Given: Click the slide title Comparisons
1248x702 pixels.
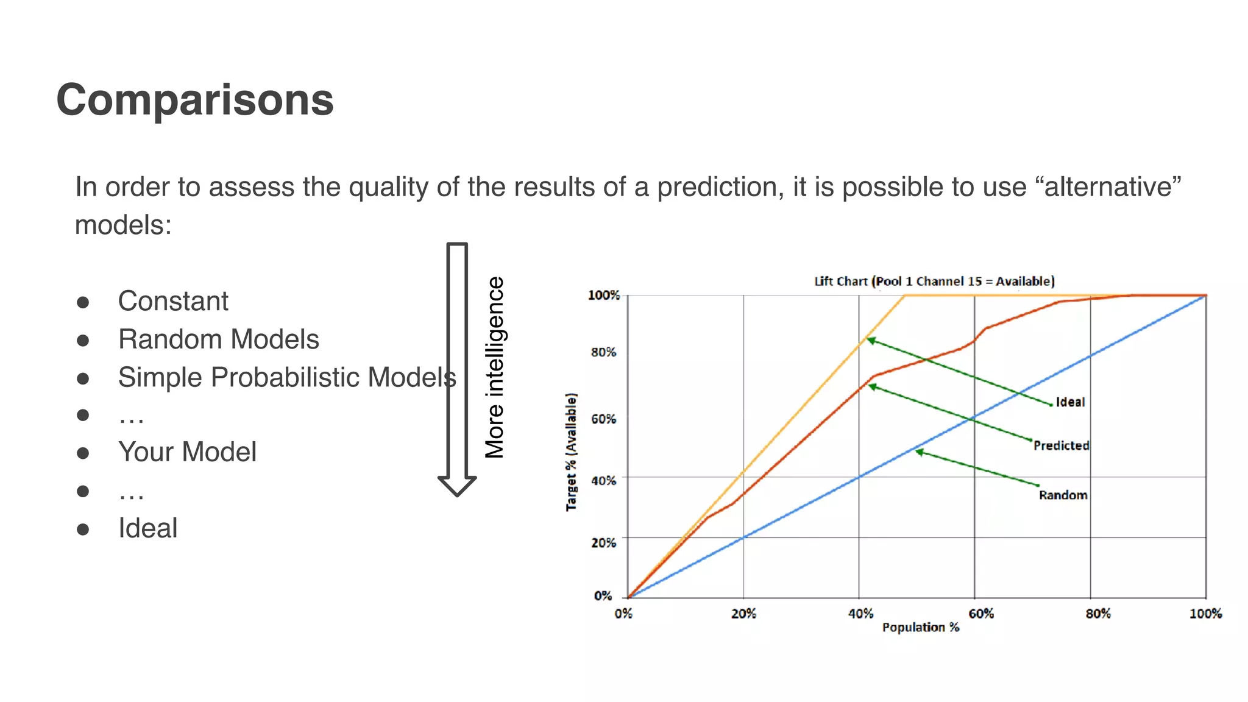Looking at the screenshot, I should point(195,100).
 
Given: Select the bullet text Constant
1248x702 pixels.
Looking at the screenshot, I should point(173,301).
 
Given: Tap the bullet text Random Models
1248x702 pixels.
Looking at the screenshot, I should point(218,339).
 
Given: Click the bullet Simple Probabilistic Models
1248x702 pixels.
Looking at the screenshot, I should point(286,377).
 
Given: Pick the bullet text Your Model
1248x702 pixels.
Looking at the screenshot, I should point(187,452).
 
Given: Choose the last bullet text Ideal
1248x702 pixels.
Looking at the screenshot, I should point(147,528).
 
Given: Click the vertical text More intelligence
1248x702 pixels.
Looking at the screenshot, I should point(495,367).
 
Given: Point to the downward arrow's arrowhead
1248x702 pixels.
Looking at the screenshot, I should point(457,486).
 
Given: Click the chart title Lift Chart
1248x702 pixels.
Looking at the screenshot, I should point(934,281).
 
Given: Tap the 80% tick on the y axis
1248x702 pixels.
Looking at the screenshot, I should point(603,352).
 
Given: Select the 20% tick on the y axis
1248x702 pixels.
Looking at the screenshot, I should point(603,542).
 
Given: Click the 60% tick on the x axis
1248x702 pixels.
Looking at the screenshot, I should point(981,614).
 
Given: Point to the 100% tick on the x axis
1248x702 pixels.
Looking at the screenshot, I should point(1205,614).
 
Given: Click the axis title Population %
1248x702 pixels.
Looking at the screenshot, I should point(920,627).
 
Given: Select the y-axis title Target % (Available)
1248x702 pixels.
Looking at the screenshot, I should point(571,452).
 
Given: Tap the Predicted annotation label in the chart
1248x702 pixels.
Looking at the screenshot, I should point(1061,445).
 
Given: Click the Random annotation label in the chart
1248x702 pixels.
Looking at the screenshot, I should point(1063,495).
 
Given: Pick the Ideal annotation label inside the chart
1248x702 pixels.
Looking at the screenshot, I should point(1070,402).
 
